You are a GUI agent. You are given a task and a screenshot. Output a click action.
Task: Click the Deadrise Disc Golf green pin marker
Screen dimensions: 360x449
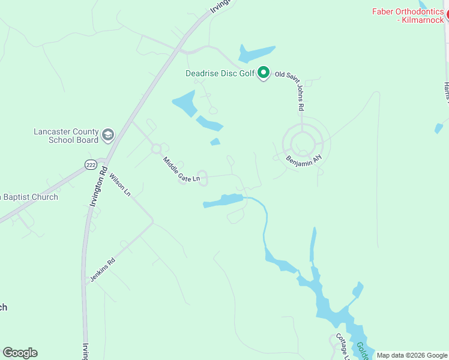[x=263, y=73]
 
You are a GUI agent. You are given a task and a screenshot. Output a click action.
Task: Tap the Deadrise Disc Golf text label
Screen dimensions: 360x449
[x=220, y=74]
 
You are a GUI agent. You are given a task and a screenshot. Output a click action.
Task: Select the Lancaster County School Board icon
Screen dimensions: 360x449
[x=108, y=134]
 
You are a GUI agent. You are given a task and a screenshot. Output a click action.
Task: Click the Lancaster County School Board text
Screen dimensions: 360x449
[x=65, y=136]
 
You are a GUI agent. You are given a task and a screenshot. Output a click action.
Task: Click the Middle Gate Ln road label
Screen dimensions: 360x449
[x=181, y=170]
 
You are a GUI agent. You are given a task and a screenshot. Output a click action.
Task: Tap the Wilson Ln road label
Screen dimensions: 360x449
[x=119, y=185]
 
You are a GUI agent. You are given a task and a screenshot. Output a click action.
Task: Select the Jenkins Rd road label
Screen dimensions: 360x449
[x=102, y=271]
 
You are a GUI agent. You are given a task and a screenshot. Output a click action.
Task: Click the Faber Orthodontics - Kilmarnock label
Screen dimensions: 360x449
[x=408, y=16]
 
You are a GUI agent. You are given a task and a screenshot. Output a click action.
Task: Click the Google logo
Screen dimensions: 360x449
[x=20, y=353]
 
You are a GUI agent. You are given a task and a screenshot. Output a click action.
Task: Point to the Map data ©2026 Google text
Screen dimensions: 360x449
[x=412, y=355]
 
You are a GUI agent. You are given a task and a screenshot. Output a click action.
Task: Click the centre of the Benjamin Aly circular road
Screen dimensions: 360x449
[x=303, y=143]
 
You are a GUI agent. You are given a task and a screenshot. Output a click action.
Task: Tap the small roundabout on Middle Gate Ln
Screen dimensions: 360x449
[x=157, y=148]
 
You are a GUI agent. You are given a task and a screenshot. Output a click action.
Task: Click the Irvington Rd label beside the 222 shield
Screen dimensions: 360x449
[x=96, y=189]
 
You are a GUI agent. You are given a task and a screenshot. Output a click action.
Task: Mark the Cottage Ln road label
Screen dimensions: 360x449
[x=342, y=347]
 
